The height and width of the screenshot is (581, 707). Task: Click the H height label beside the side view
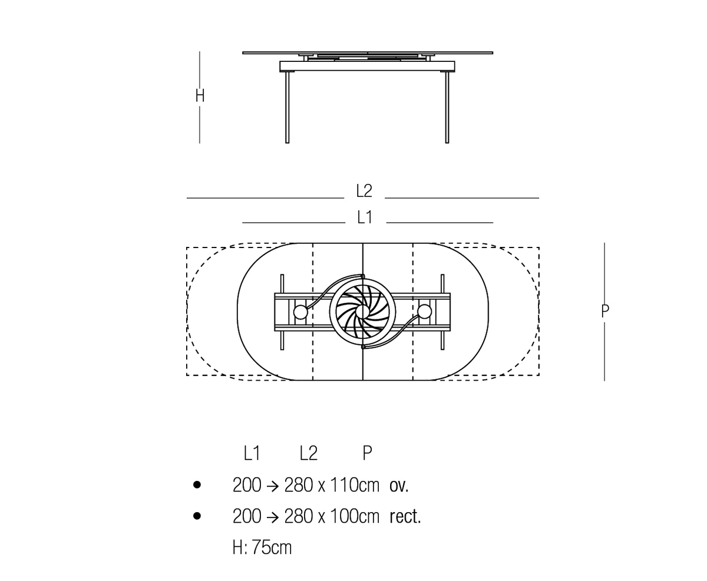[200, 95]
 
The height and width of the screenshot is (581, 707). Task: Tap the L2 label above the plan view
[364, 191]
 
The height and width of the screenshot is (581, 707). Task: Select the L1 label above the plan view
[365, 217]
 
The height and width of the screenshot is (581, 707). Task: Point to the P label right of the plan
[604, 311]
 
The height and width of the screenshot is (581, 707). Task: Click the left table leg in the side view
[288, 107]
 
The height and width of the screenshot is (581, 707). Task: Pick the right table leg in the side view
[447, 107]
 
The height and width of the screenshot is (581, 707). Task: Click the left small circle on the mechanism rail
[300, 312]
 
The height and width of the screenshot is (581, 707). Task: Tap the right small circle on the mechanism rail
[425, 312]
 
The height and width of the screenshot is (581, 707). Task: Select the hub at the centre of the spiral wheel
[363, 312]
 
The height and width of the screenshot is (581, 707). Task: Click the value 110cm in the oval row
[355, 485]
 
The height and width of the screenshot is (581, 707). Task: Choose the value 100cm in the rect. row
[355, 516]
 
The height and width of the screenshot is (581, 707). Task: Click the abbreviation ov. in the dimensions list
[399, 486]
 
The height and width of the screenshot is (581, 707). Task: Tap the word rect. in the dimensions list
[405, 516]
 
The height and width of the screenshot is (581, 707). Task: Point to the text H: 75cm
[262, 547]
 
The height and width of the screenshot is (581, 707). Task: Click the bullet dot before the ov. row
[197, 485]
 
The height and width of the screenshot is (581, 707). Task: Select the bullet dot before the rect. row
[197, 516]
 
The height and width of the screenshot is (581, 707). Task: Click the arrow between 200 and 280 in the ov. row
[273, 486]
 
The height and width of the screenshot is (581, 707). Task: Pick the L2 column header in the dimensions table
[308, 453]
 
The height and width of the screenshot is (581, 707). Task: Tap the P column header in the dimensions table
[368, 453]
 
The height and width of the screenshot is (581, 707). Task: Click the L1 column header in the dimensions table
[252, 453]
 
